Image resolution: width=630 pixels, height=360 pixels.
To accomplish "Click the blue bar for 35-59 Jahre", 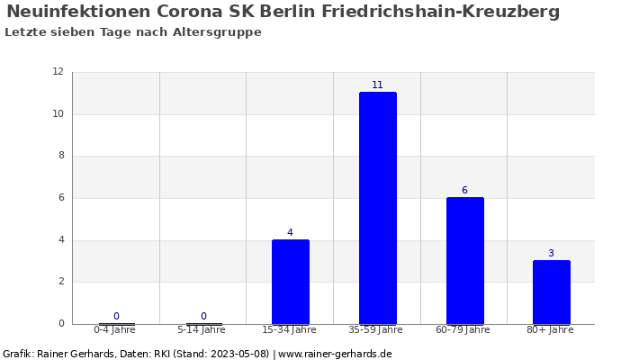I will (x=377, y=208).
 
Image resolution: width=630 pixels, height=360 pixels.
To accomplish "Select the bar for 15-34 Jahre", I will (x=290, y=282).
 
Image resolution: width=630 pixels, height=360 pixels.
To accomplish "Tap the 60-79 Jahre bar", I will (x=464, y=260).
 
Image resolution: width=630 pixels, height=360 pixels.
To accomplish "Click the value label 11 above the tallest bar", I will (x=377, y=85).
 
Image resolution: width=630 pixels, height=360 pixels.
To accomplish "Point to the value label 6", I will (x=464, y=191).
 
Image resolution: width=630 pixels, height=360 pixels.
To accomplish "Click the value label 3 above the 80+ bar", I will (x=551, y=254).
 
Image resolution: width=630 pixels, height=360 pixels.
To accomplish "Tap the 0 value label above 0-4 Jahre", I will (x=116, y=317).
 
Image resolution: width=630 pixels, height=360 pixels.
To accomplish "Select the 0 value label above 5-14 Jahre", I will (x=203, y=317).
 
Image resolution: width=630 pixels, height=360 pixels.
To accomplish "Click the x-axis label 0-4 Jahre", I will (x=115, y=330).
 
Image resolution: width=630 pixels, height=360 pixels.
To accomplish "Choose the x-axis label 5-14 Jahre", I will (x=202, y=330).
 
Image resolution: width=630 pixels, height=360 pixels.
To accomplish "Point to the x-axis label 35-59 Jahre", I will (x=376, y=330).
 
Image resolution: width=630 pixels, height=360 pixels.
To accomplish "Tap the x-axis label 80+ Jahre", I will (x=550, y=330).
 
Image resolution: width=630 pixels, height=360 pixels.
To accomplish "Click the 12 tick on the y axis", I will (x=58, y=72).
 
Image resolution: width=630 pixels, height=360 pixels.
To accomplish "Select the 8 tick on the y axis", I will (x=60, y=156).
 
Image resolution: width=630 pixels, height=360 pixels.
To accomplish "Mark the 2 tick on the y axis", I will (x=60, y=282).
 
